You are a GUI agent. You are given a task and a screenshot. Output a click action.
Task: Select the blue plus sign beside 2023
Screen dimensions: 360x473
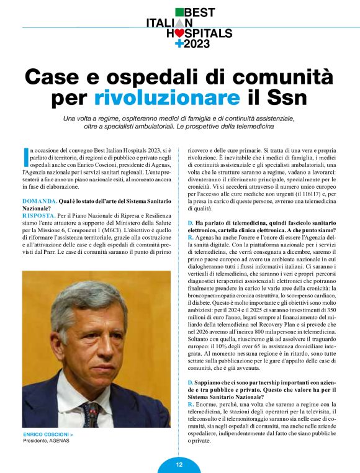[x=179, y=43]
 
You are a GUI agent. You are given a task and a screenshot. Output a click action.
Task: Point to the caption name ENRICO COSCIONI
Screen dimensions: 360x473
[x=46, y=434]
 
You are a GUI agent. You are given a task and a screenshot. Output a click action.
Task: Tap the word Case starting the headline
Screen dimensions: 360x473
[x=52, y=76]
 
